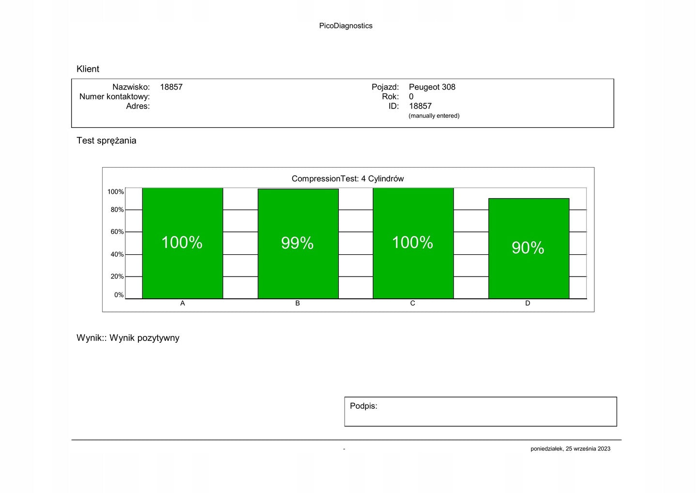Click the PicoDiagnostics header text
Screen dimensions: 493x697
tap(346, 26)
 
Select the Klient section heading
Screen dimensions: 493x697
tap(88, 69)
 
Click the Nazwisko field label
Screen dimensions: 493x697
tap(131, 87)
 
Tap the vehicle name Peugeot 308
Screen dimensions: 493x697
tap(432, 87)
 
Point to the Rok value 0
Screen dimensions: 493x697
tap(411, 97)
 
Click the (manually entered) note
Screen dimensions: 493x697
tap(434, 116)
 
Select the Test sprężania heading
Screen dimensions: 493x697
tap(106, 140)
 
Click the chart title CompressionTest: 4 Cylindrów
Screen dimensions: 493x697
tap(348, 179)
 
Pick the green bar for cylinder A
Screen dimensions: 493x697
tap(182, 271)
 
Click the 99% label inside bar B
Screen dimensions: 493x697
tap(297, 243)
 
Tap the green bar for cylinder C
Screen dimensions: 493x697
tap(413, 271)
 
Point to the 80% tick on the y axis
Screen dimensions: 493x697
tap(117, 210)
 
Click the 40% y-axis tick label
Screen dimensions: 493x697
tap(117, 254)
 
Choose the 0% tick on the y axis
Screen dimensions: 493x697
tap(119, 295)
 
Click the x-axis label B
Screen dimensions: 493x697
tap(298, 303)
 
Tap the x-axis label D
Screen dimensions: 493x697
tap(528, 303)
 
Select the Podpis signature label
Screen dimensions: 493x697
tap(364, 406)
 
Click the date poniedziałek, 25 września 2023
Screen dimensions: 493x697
tap(570, 449)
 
